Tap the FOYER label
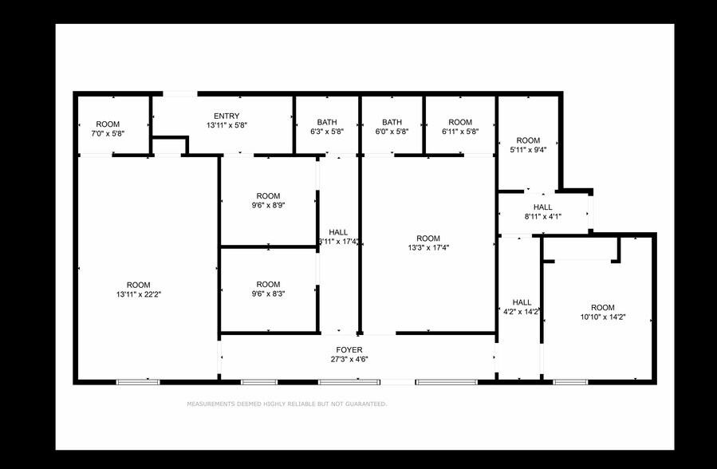[x=349, y=350]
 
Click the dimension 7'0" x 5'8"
[x=108, y=133]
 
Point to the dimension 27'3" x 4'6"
[x=349, y=361]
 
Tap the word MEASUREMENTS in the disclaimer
[x=211, y=404]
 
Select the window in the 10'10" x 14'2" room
[x=570, y=382]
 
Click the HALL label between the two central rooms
[x=338, y=232]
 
